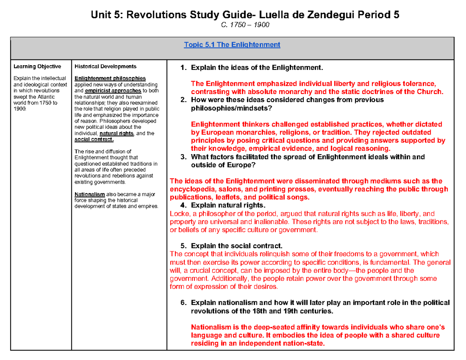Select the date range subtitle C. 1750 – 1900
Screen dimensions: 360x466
[233, 25]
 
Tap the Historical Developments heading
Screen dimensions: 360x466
[105, 66]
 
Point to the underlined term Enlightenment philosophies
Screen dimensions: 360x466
[110, 78]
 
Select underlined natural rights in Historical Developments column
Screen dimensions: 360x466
[116, 133]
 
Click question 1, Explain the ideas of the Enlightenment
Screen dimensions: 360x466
[257, 68]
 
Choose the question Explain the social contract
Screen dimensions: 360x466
[237, 246]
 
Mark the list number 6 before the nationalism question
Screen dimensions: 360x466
[184, 303]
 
